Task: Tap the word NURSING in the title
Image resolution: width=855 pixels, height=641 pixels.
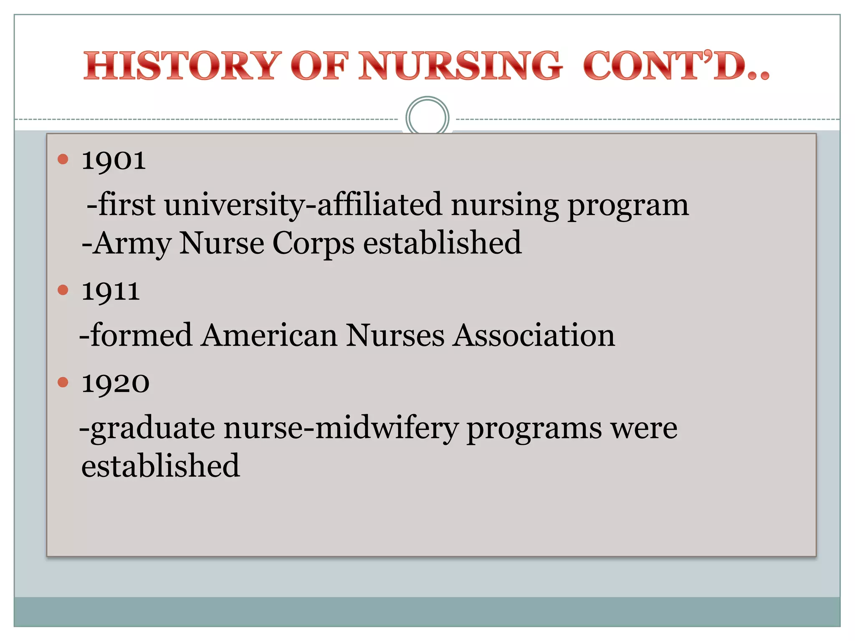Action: [460, 66]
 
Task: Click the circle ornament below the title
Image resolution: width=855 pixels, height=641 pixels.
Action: [427, 117]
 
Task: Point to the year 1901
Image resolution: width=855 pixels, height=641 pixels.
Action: [114, 160]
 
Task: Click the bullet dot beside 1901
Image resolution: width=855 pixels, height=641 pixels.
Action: [63, 159]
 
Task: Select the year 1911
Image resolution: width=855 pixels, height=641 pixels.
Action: [110, 291]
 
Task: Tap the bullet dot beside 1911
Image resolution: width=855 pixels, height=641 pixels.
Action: [63, 290]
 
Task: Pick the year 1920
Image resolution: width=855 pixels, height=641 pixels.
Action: [115, 384]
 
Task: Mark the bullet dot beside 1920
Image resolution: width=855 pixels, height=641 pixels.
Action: [63, 382]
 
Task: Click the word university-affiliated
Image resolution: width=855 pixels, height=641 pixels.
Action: [303, 205]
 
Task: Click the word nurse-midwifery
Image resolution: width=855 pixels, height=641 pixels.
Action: [341, 429]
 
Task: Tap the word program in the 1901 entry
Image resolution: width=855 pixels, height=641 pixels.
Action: [628, 206]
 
